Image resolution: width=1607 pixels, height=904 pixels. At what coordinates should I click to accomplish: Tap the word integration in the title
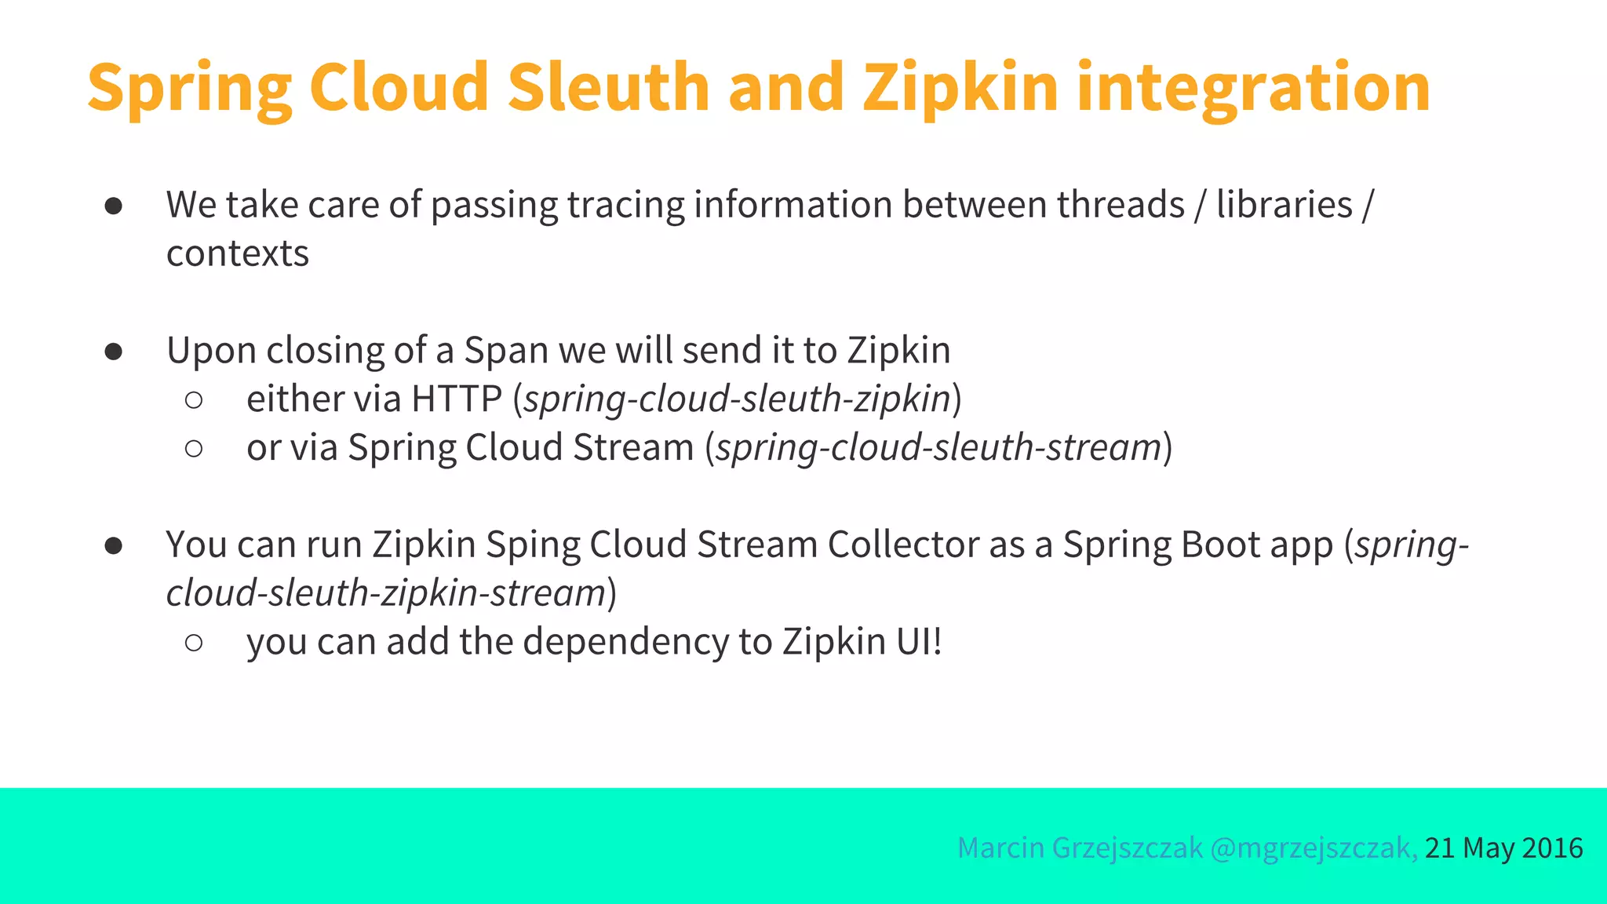point(1253,88)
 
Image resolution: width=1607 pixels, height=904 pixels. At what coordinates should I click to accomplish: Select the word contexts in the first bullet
point(238,253)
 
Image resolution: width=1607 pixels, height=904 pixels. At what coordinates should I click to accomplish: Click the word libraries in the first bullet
point(1285,205)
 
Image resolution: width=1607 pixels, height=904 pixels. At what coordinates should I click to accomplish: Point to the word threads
point(1120,205)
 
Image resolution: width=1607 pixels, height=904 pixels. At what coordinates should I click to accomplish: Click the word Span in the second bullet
point(505,351)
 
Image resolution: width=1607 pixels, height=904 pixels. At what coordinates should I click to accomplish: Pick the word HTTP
point(457,399)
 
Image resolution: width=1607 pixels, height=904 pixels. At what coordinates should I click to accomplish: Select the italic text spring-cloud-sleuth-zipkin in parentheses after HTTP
point(737,399)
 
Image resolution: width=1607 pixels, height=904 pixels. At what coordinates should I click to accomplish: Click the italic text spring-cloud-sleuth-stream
point(938,447)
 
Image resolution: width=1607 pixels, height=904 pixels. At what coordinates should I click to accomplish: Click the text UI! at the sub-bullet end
point(918,642)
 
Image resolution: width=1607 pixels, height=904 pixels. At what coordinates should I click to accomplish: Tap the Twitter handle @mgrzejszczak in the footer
point(1313,848)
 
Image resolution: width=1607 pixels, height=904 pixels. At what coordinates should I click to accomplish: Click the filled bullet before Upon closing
point(114,352)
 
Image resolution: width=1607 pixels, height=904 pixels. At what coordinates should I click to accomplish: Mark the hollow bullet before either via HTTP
point(194,400)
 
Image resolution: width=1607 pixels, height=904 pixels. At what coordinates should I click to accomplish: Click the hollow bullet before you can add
point(194,643)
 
